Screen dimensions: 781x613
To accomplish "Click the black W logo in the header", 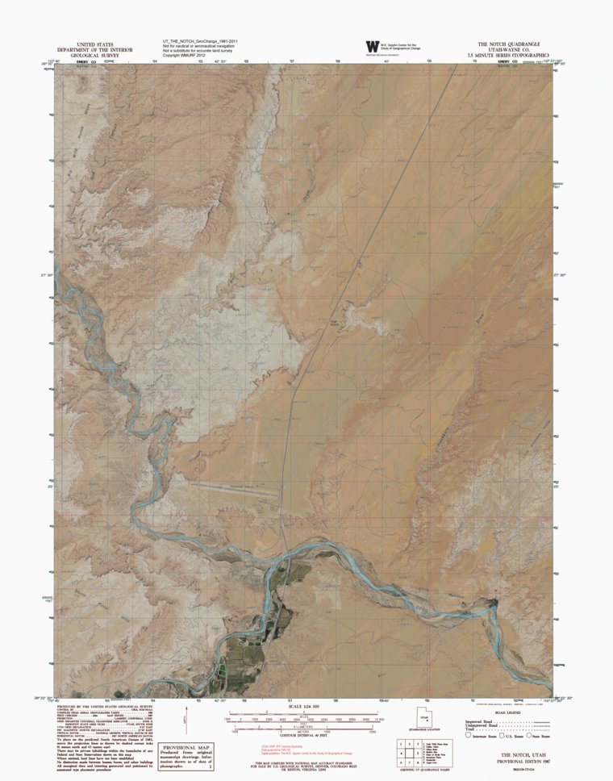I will pyautogui.click(x=372, y=48).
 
